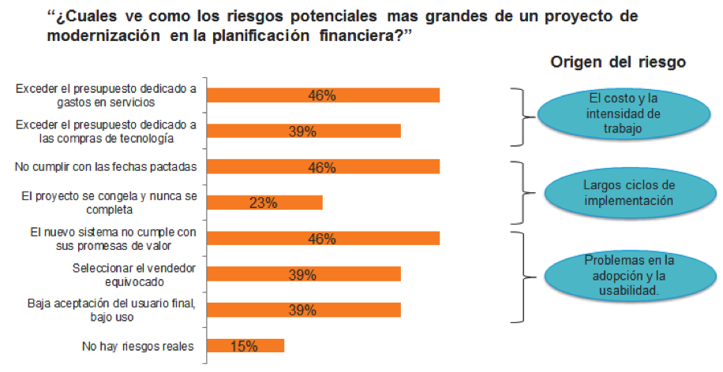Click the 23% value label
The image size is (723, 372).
(264, 203)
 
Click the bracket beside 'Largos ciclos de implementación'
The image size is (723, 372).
(521, 193)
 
